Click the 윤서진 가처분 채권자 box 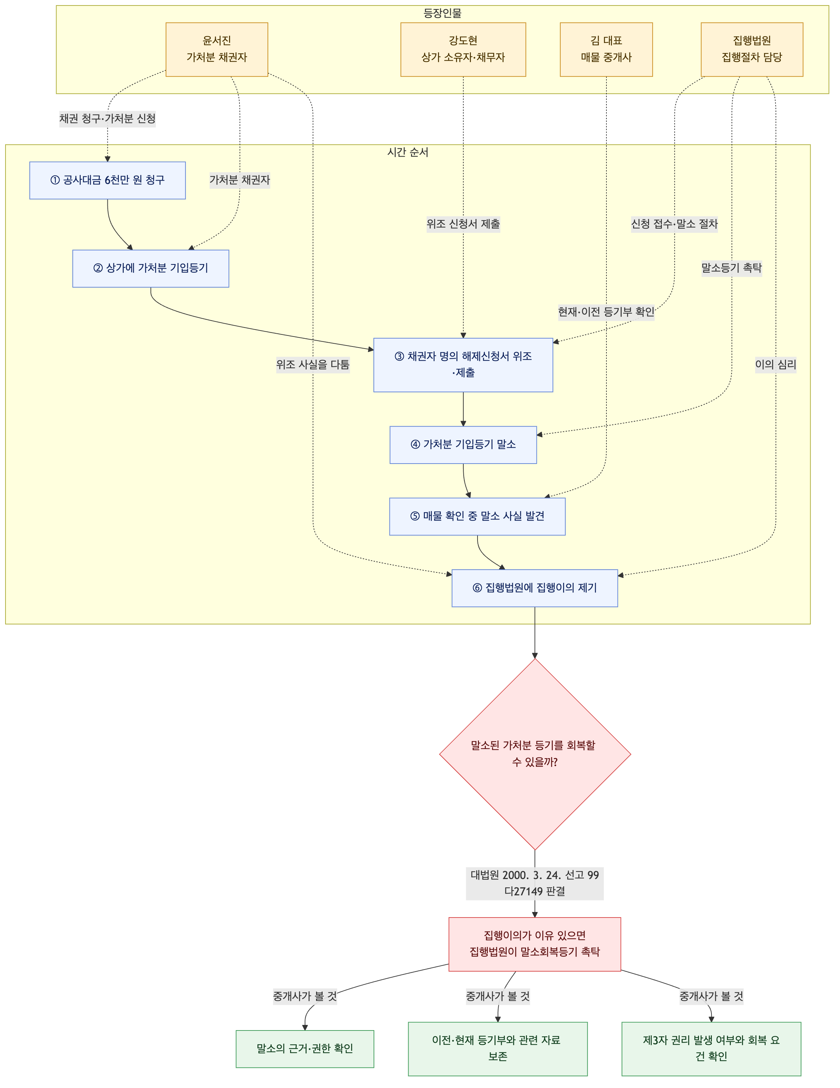[217, 49]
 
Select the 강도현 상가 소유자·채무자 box [463, 49]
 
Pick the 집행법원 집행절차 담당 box [752, 49]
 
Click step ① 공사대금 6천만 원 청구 [108, 180]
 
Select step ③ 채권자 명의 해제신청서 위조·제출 [463, 365]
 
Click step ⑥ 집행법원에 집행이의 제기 [535, 588]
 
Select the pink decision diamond [535, 755]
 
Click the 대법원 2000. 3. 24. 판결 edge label [535, 883]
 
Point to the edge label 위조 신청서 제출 [463, 224]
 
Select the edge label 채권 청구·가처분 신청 [108, 119]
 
